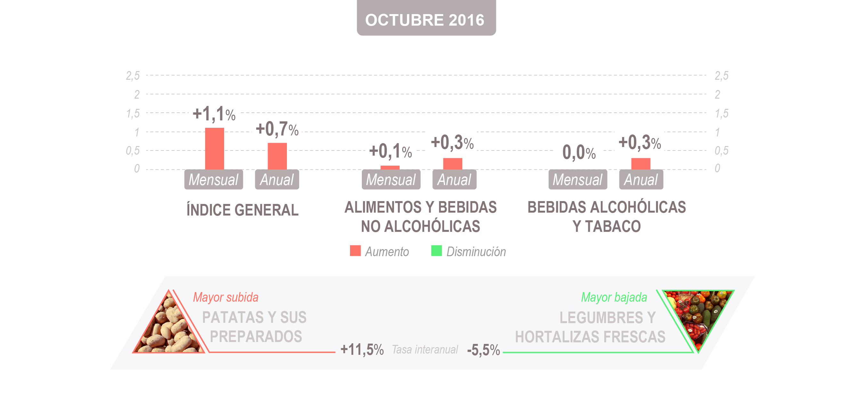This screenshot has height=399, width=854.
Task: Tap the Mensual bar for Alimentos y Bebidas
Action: (x=390, y=167)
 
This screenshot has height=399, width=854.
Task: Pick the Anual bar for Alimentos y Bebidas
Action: (x=452, y=164)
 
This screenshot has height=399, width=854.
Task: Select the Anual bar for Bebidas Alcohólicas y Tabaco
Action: (x=640, y=164)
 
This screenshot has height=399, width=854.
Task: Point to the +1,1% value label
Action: (x=214, y=114)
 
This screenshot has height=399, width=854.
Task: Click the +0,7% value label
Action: (x=277, y=129)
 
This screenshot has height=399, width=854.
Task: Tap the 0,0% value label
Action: (x=579, y=152)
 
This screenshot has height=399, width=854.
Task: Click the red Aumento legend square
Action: (x=355, y=251)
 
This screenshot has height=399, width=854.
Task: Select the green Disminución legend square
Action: (x=436, y=251)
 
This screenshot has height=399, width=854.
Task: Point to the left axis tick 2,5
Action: (x=133, y=76)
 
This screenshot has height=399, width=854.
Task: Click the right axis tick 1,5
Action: (x=721, y=113)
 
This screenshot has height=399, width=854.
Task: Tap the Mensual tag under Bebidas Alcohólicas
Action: (x=578, y=180)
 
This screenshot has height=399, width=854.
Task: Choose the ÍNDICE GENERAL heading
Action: (x=242, y=210)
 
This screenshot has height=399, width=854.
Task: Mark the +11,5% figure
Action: (x=362, y=350)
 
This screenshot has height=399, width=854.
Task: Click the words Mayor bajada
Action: (x=614, y=297)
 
